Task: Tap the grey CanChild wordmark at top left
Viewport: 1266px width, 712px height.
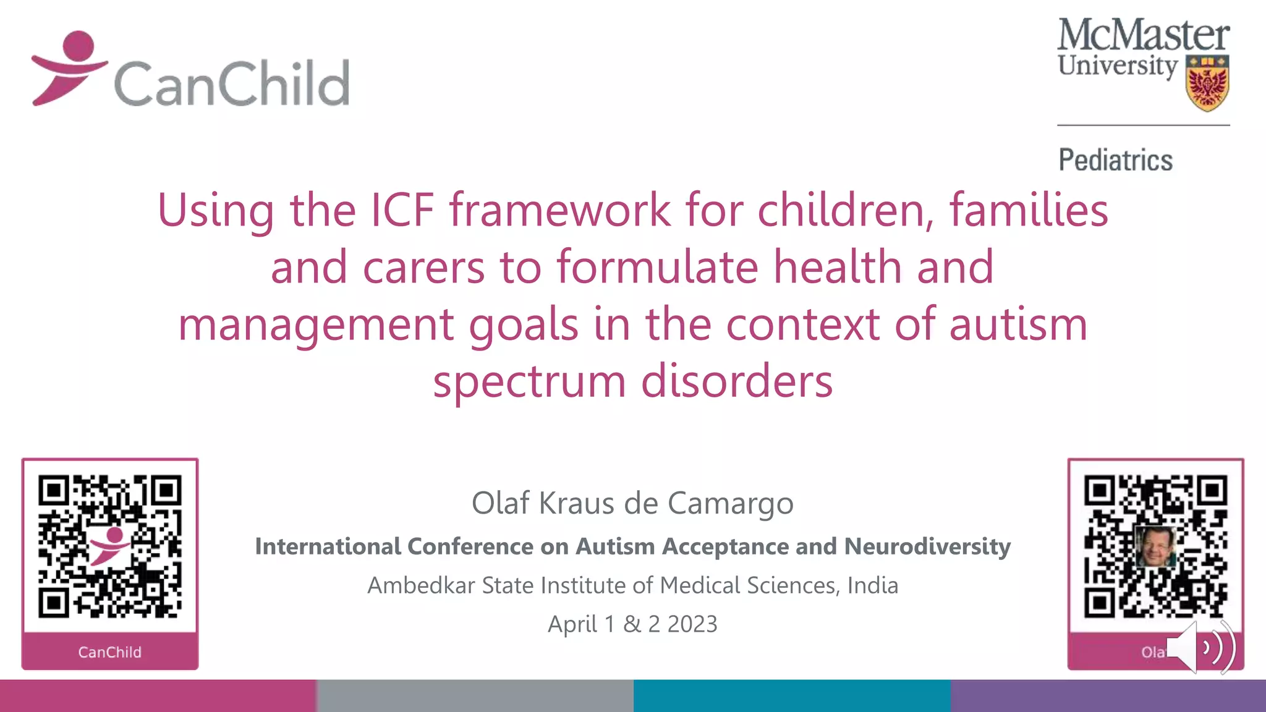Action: [232, 83]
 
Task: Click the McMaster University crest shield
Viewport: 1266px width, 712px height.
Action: [1207, 83]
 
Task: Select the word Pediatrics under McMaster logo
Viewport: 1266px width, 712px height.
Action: [1115, 160]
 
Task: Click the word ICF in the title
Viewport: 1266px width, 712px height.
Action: [402, 210]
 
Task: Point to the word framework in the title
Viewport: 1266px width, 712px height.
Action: [559, 210]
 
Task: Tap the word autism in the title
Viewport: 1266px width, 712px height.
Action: [1018, 324]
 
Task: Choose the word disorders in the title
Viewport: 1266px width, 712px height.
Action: [737, 381]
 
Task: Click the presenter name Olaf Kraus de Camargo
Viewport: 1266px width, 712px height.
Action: [632, 503]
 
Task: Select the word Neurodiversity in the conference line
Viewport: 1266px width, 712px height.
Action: [927, 546]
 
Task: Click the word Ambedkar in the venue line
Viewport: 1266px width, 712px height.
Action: [421, 585]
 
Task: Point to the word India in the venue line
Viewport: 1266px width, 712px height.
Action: [872, 585]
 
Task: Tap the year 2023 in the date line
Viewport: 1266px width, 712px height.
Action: [692, 624]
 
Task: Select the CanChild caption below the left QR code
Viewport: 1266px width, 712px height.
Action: [109, 652]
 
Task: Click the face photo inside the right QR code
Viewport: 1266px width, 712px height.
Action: [1155, 546]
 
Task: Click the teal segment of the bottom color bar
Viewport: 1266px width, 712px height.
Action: [791, 696]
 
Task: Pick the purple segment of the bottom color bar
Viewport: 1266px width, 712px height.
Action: [1108, 696]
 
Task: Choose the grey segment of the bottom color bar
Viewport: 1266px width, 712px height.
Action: [475, 696]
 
